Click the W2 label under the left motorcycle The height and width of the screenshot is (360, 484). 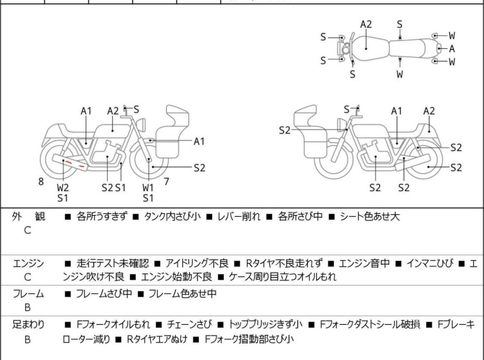click(x=62, y=187)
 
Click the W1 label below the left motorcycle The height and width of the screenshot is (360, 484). click(x=148, y=187)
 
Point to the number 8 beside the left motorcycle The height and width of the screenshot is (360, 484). click(x=41, y=182)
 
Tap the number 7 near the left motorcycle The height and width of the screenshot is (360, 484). click(x=166, y=182)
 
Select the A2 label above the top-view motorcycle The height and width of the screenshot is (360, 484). click(x=365, y=24)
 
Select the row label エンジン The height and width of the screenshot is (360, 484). click(x=28, y=263)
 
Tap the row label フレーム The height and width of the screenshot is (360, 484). click(x=28, y=294)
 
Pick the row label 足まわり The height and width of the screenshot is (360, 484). click(x=28, y=325)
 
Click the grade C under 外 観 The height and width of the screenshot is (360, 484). click(x=28, y=231)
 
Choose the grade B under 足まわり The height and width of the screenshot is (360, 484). click(x=28, y=339)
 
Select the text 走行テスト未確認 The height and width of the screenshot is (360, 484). click(x=112, y=263)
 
